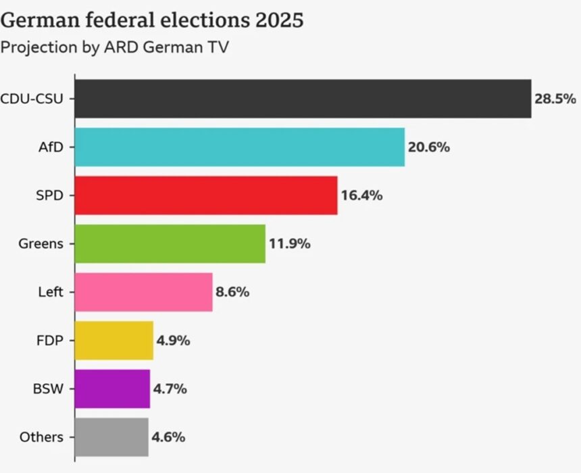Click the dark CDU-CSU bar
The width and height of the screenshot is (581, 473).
click(303, 99)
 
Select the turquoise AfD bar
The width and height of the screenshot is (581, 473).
click(239, 147)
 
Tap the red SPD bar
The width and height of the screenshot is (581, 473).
click(205, 195)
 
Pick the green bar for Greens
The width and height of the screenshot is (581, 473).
click(170, 244)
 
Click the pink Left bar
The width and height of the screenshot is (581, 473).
click(143, 292)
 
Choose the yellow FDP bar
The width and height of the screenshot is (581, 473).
click(113, 341)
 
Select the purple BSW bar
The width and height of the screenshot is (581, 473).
click(112, 389)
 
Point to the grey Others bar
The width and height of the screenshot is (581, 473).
click(111, 437)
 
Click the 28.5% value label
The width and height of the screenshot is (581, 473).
click(555, 99)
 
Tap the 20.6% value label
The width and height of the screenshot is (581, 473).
click(429, 147)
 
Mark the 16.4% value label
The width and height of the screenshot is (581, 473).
click(361, 196)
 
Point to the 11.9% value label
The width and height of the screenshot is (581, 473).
click(290, 244)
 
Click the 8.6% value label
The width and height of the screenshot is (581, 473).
click(233, 293)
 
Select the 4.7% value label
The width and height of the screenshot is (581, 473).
click(172, 389)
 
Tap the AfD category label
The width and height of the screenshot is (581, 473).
click(51, 147)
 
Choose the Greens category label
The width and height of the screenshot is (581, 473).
click(41, 244)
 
